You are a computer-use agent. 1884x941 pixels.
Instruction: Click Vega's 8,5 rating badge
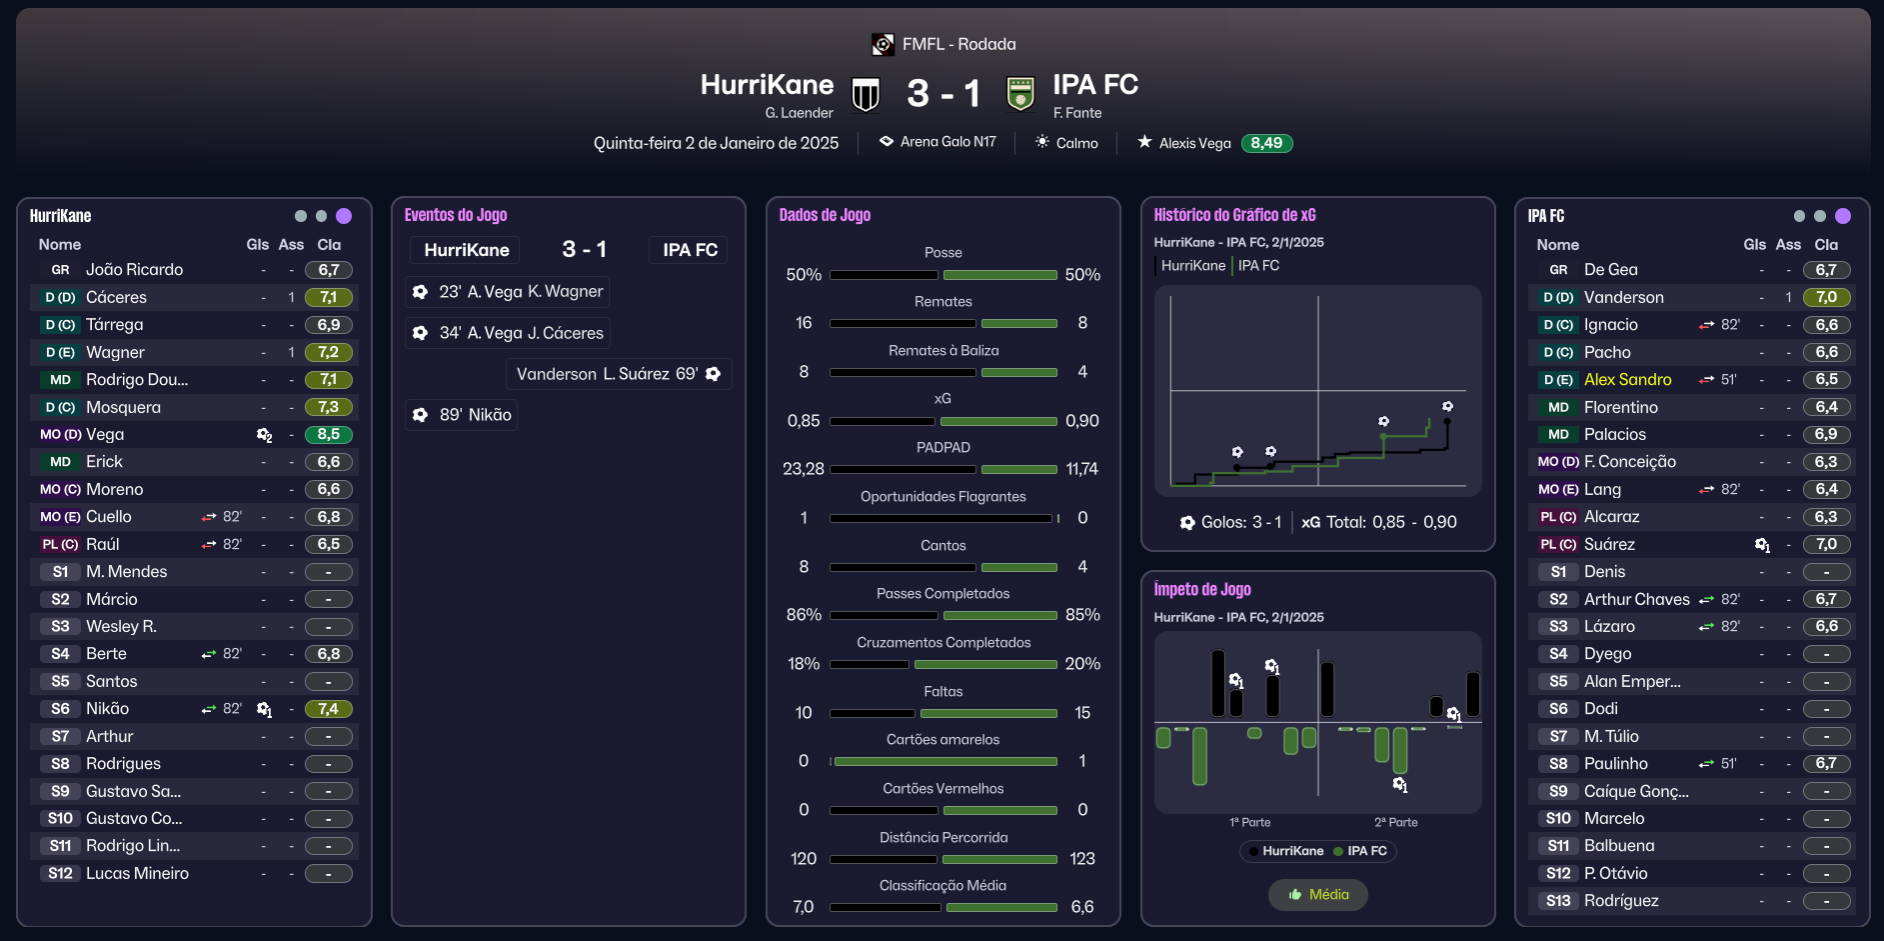(329, 435)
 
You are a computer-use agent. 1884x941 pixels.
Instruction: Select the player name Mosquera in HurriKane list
(123, 407)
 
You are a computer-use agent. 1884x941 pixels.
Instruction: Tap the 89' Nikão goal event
(462, 415)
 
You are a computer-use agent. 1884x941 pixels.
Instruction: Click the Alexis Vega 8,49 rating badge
(1266, 143)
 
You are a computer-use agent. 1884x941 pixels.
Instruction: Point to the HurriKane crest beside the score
(866, 95)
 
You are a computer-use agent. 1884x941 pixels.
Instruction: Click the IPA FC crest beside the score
(1019, 95)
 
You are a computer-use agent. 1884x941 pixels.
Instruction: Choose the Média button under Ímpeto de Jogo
(1318, 895)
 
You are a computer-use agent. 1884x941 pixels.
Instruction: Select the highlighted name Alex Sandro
(1627, 380)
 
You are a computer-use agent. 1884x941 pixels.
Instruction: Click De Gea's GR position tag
(1558, 270)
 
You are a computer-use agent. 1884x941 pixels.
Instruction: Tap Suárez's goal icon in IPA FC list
(1762, 545)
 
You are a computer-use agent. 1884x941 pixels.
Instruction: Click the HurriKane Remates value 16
(804, 323)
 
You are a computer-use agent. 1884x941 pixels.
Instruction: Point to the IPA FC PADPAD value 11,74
(1082, 469)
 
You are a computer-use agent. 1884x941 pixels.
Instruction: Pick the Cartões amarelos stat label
(942, 740)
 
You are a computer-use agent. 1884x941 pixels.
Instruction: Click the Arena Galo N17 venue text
(948, 142)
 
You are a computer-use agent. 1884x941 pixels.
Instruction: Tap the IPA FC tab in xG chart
(1258, 266)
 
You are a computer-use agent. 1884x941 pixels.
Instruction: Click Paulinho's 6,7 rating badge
(1826, 764)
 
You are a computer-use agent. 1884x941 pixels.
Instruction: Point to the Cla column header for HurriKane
(329, 245)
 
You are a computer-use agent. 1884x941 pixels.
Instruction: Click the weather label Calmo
(1076, 143)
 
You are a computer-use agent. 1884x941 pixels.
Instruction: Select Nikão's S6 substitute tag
(60, 709)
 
